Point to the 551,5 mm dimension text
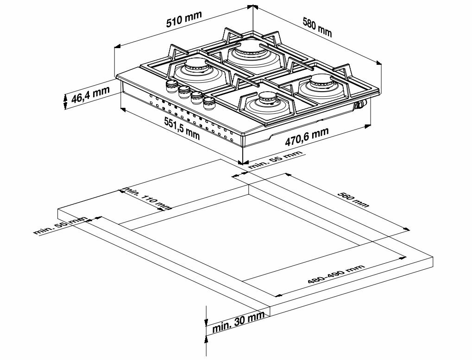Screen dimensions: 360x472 182,128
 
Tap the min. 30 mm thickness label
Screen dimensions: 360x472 238,322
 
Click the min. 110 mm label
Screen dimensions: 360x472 146,199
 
